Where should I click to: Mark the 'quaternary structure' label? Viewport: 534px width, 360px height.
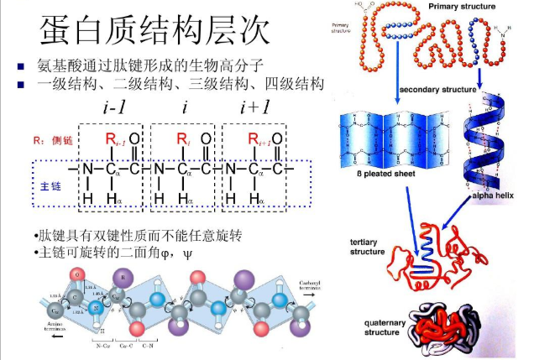coord(369,326)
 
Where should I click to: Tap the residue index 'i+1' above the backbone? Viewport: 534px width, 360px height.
coord(254,107)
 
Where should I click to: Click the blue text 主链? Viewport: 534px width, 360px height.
coord(47,184)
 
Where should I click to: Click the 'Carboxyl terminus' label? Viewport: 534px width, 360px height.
coord(312,287)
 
